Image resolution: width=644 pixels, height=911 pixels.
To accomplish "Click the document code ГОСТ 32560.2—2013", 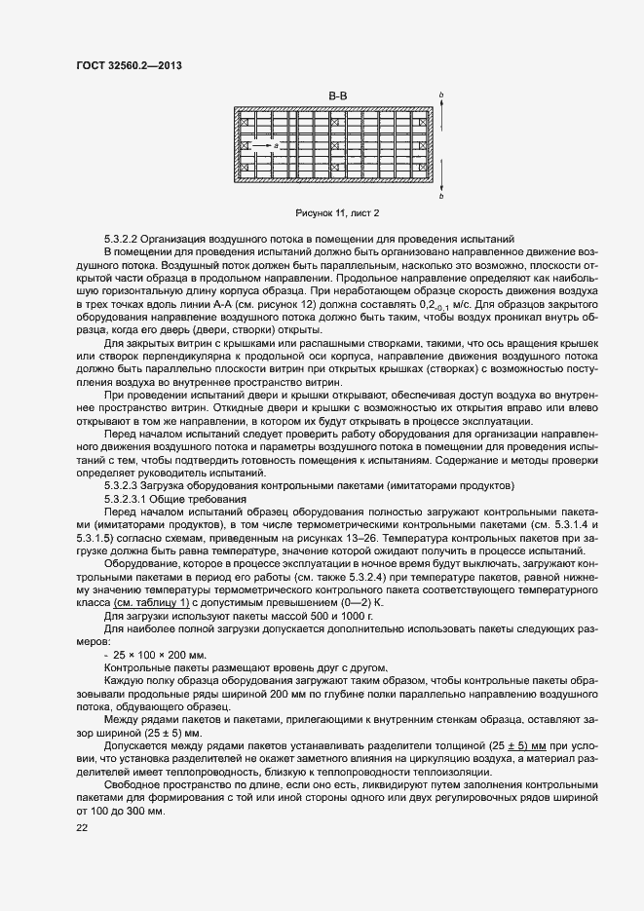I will (129, 65).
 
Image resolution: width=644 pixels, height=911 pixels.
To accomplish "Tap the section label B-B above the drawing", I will (339, 95).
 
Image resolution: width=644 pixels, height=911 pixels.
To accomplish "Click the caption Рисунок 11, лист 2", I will (337, 212).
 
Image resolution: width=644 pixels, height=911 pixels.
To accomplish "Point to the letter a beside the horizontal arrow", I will (276, 145).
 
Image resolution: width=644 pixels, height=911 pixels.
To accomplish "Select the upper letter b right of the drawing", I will (442, 95).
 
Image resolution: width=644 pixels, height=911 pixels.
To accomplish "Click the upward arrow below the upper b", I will (442, 117).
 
